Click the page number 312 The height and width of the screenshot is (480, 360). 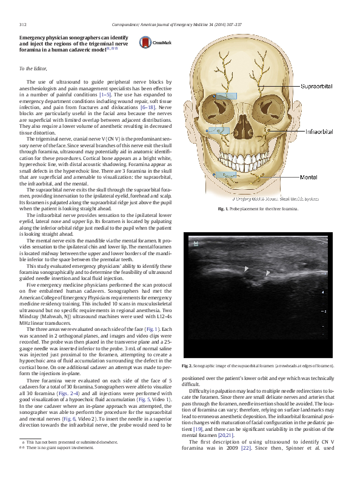(x=22, y=25)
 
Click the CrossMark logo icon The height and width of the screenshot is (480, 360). (x=156, y=43)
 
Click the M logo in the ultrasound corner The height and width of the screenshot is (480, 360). (x=196, y=244)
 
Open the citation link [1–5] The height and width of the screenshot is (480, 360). (x=116, y=95)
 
